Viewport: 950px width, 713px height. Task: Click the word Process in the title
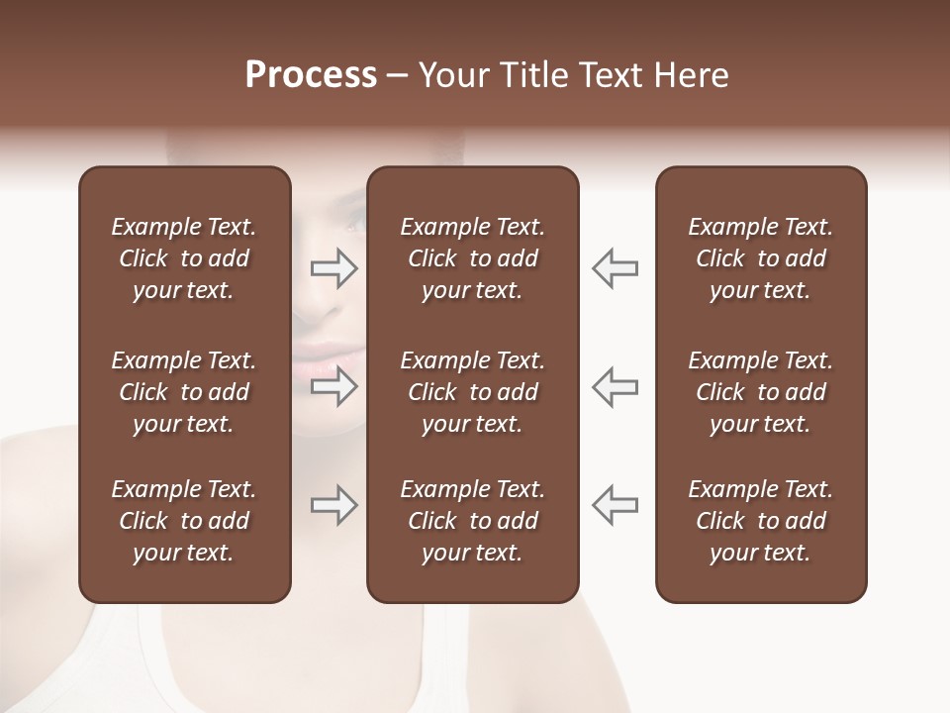pyautogui.click(x=311, y=75)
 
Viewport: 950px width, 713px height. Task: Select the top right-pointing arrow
pyautogui.click(x=333, y=268)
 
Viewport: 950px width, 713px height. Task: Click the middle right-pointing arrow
pyautogui.click(x=333, y=386)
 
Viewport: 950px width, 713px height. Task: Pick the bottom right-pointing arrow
pyautogui.click(x=333, y=505)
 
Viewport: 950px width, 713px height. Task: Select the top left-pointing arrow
pyautogui.click(x=616, y=268)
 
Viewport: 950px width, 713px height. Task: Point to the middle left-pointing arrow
pyautogui.click(x=616, y=386)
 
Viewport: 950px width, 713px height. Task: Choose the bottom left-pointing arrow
pyautogui.click(x=616, y=505)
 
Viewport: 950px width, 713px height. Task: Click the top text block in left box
pyautogui.click(x=184, y=258)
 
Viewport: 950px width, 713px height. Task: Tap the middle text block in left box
pyautogui.click(x=184, y=392)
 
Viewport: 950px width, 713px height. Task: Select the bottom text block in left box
pyautogui.click(x=184, y=521)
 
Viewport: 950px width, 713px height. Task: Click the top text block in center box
pyautogui.click(x=473, y=258)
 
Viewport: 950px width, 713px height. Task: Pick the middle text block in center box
pyautogui.click(x=473, y=392)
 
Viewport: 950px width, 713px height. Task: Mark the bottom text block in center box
pyautogui.click(x=473, y=521)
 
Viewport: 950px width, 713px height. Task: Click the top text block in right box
pyautogui.click(x=761, y=258)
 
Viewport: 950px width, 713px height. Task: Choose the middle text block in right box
pyautogui.click(x=761, y=392)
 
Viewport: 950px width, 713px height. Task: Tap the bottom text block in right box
pyautogui.click(x=761, y=521)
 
